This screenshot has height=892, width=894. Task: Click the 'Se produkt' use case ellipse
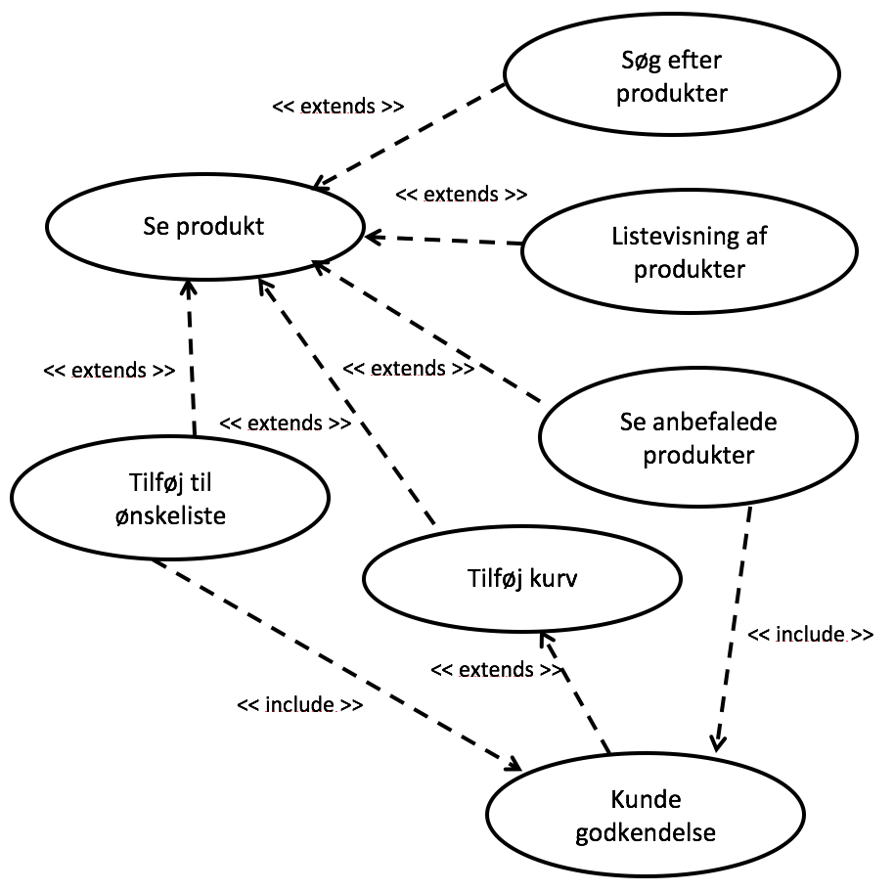click(203, 227)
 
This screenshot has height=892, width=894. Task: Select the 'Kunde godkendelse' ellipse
click(647, 818)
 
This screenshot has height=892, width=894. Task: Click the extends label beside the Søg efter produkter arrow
click(337, 107)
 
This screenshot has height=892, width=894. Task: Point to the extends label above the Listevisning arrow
click(461, 194)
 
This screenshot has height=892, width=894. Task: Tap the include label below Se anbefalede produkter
click(810, 635)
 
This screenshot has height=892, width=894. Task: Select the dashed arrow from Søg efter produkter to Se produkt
click(411, 136)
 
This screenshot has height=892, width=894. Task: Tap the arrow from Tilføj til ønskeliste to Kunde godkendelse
click(337, 665)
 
